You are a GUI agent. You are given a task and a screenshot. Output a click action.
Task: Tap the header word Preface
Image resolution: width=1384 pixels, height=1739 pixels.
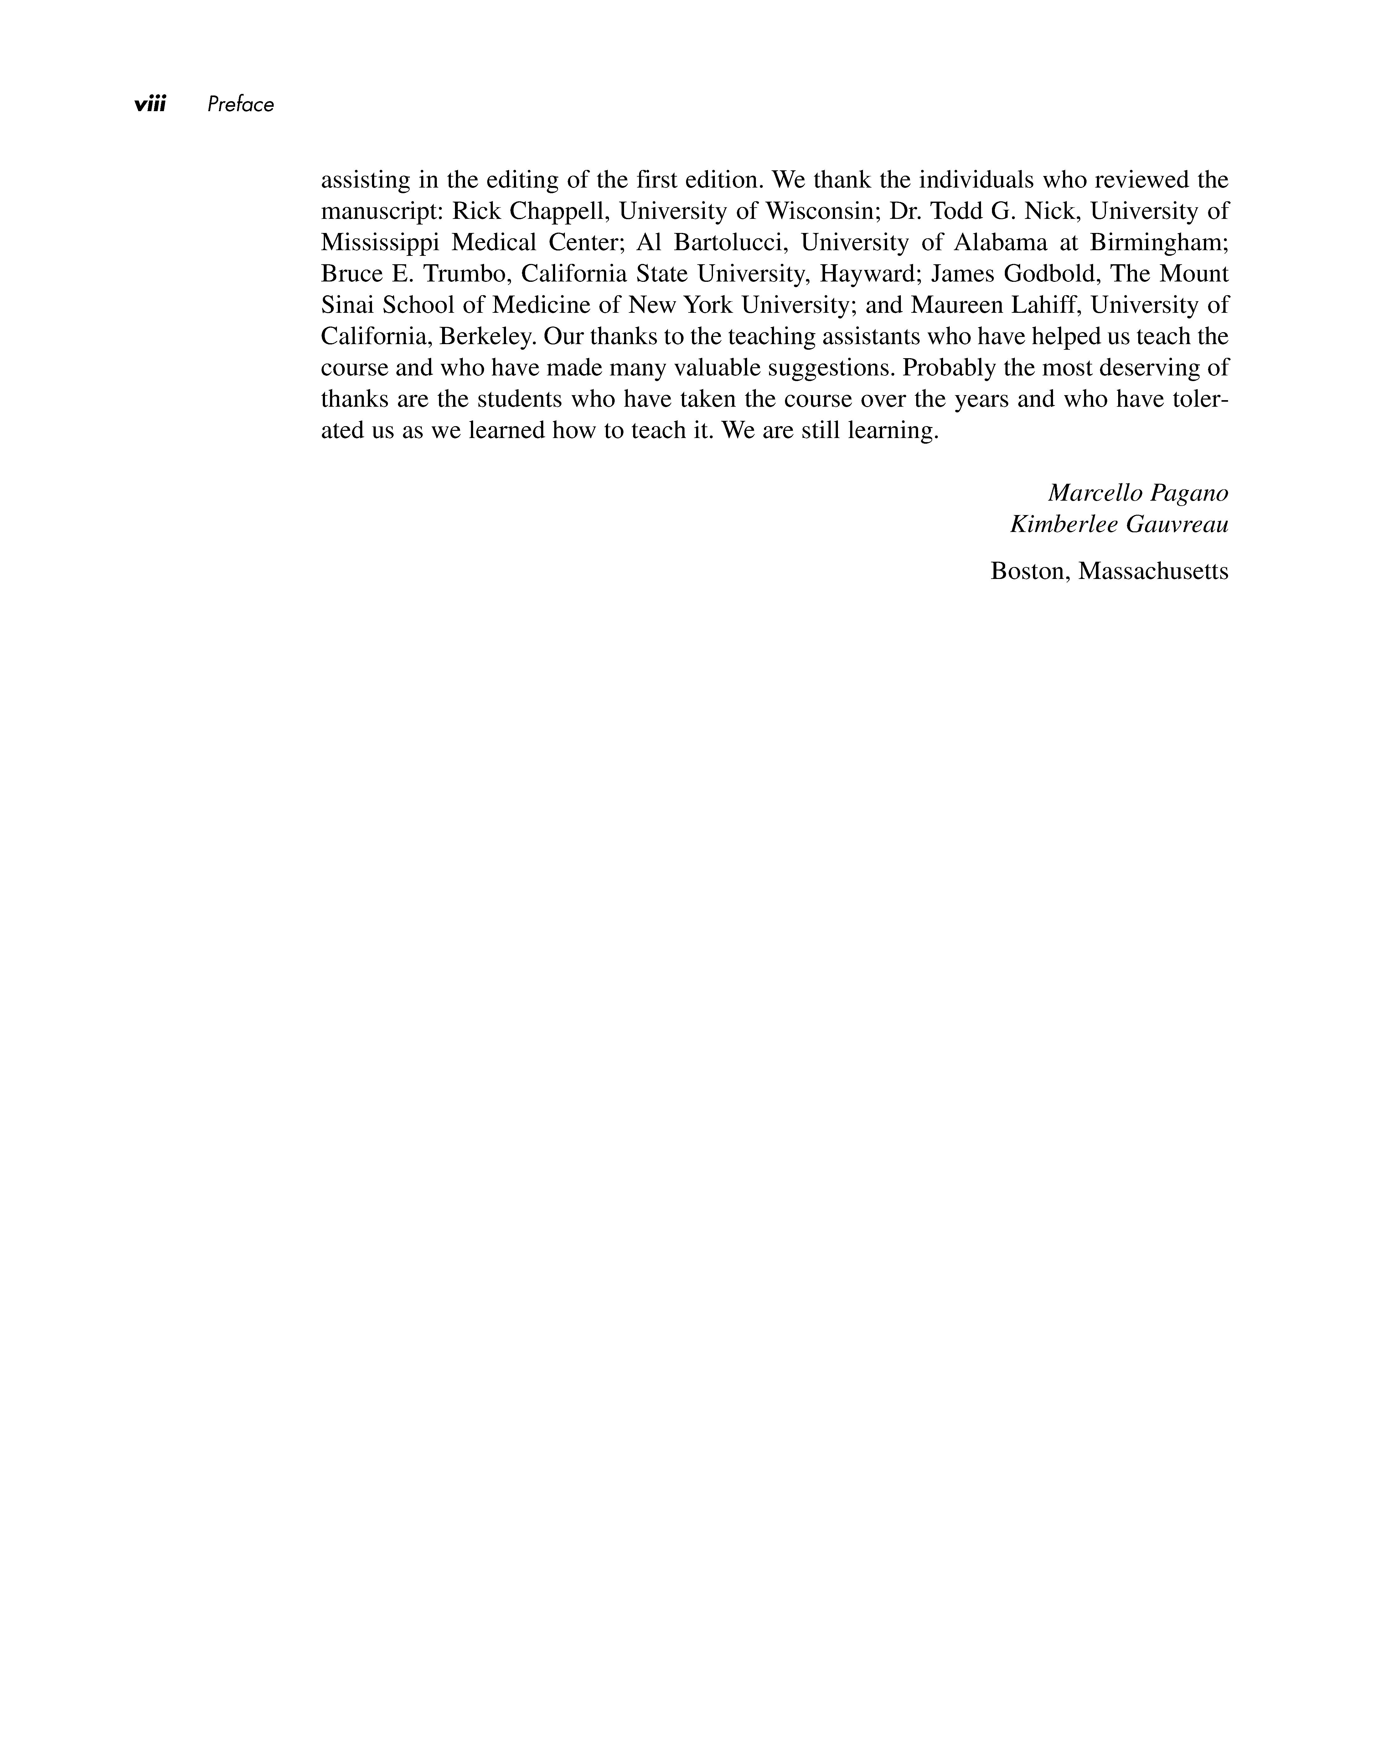240,104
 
